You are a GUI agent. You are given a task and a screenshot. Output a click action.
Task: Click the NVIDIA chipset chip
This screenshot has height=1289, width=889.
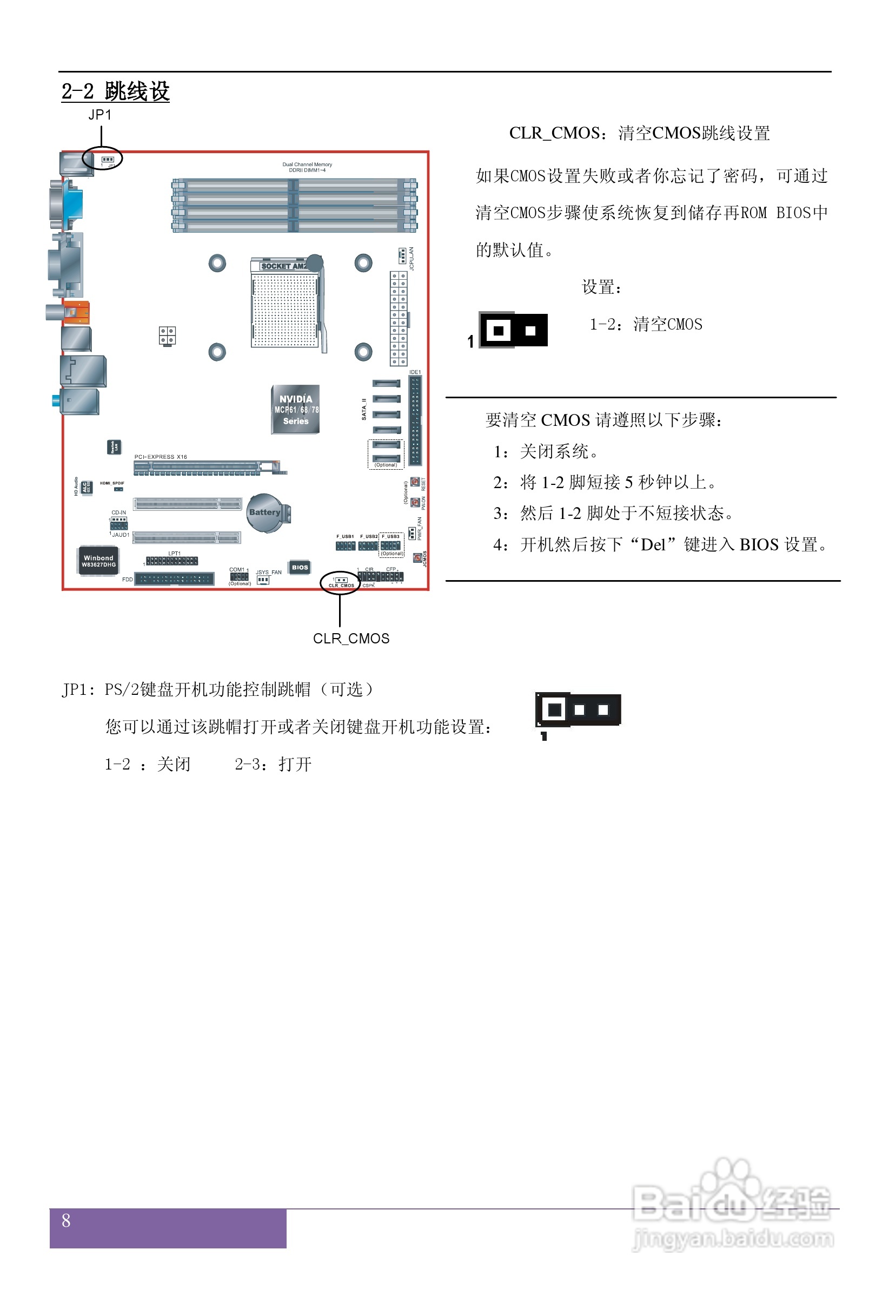[x=295, y=409]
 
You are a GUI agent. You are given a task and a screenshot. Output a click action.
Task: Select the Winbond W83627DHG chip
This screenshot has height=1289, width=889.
[x=98, y=561]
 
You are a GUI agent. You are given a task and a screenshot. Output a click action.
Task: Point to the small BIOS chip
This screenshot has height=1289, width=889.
[x=300, y=567]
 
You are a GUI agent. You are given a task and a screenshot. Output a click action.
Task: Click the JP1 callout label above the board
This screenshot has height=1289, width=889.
[x=100, y=115]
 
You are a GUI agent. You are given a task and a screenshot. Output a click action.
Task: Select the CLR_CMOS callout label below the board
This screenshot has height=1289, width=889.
[x=351, y=639]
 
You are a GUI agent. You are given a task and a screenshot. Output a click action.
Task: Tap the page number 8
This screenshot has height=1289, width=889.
[x=66, y=1220]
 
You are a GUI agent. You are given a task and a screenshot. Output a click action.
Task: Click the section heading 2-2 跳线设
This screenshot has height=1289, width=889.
[x=115, y=91]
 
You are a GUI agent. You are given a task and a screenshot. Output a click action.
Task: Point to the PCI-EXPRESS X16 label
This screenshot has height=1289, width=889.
[x=161, y=457]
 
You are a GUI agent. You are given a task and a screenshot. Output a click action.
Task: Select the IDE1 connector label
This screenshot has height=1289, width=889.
[x=415, y=372]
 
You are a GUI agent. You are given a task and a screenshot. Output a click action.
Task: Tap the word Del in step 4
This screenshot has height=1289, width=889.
[x=653, y=544]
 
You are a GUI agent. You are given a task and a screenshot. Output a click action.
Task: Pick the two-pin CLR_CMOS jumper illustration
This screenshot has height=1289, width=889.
[x=514, y=330]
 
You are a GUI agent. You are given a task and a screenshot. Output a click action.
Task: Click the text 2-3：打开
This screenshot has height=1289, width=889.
[x=273, y=764]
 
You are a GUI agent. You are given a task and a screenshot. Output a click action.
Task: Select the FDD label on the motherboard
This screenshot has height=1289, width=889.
[x=128, y=580]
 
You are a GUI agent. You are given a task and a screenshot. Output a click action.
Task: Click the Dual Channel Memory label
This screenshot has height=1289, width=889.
[x=307, y=165]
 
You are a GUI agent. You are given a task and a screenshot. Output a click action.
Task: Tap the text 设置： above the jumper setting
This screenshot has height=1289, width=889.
[x=601, y=287]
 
